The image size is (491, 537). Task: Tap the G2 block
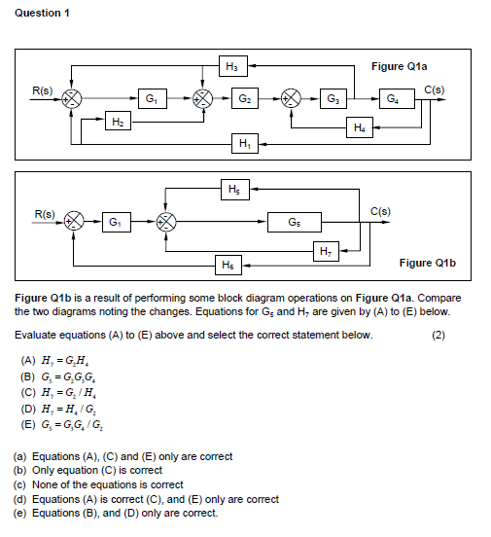coord(245,99)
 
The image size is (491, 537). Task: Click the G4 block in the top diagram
coord(391,99)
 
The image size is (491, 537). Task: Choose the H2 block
coord(117,121)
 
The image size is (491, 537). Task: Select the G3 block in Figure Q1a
coord(334,99)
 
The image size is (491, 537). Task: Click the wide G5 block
coord(295,221)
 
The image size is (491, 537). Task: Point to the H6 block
coord(228,264)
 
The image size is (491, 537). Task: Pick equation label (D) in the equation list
coord(29,410)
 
